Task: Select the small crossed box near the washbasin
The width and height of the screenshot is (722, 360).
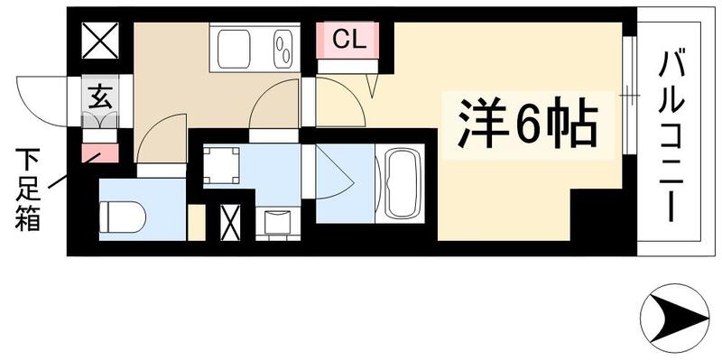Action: (230, 222)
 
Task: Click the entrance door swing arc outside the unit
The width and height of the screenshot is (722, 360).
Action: (43, 99)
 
